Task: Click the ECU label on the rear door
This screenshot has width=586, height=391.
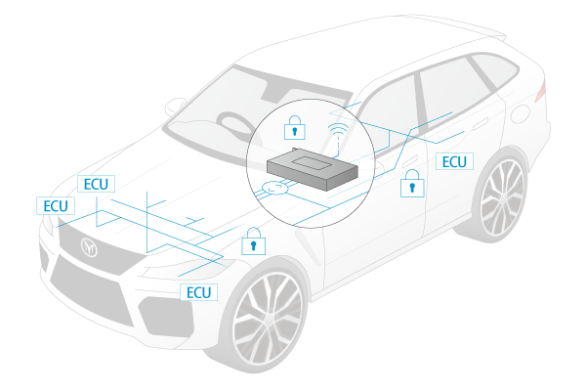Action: pyautogui.click(x=455, y=161)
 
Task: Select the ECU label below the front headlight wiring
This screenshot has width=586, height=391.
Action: pyautogui.click(x=198, y=292)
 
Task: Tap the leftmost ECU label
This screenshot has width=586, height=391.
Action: pyautogui.click(x=54, y=205)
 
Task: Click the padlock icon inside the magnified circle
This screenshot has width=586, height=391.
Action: pyautogui.click(x=293, y=126)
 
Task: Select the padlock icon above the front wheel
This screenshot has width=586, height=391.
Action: pyautogui.click(x=253, y=240)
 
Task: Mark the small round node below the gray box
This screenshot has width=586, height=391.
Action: pyautogui.click(x=276, y=190)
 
